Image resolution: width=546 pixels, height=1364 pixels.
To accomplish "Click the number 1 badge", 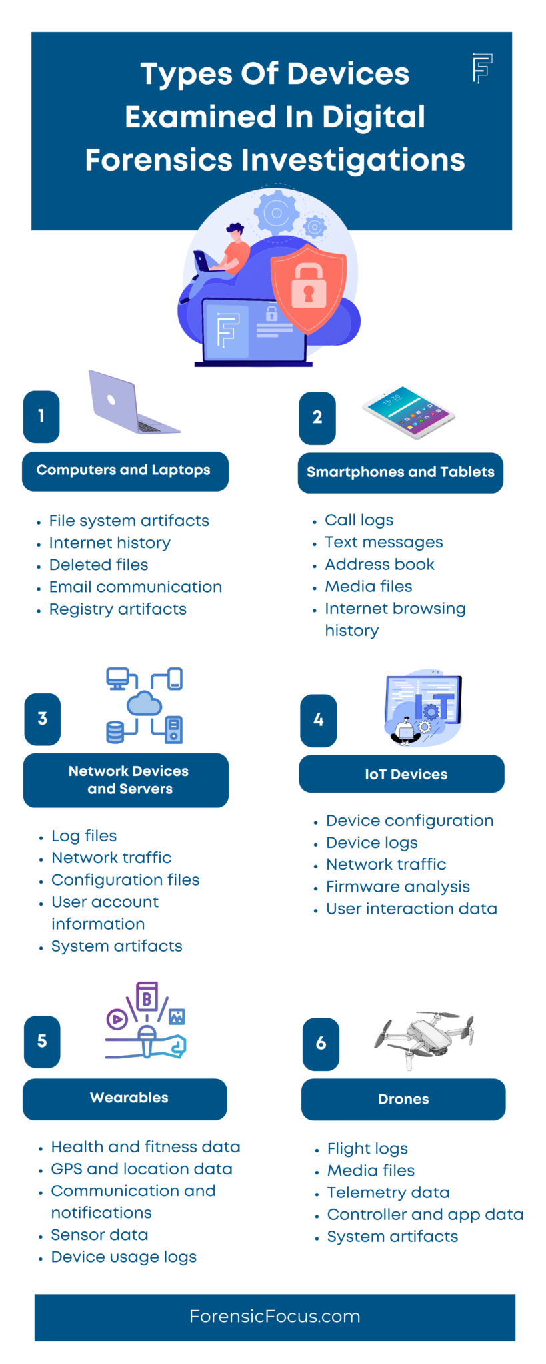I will coord(41,416).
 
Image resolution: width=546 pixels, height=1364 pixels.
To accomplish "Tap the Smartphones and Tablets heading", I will coord(400,472).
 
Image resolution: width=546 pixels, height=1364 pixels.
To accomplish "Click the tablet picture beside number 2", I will coord(409,411).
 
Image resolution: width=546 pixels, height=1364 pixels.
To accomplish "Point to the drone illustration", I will coord(425,1039).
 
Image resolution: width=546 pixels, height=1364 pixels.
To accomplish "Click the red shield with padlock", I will coord(308,288).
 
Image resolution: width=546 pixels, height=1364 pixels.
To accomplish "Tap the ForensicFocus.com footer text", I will coord(275,1317).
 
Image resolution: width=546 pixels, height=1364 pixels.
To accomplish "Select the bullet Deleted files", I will coord(99,565).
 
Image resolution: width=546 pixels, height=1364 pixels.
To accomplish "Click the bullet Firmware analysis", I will coord(397,886).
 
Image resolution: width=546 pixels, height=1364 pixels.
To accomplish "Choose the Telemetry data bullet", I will coord(388,1192).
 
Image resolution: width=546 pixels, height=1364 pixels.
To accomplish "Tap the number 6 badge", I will coord(321,1044).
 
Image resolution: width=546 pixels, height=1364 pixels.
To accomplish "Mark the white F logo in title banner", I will coord(482,68).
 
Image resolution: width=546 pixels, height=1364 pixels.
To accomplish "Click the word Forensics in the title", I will coord(159,160).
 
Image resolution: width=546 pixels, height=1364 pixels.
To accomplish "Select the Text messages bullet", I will coord(383,542).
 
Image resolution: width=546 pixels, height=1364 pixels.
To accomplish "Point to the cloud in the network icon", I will coord(145,703).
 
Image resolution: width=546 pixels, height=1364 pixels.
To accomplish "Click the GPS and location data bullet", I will coord(141,1169).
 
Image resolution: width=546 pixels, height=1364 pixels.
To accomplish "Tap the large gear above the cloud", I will coord(276,212).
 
